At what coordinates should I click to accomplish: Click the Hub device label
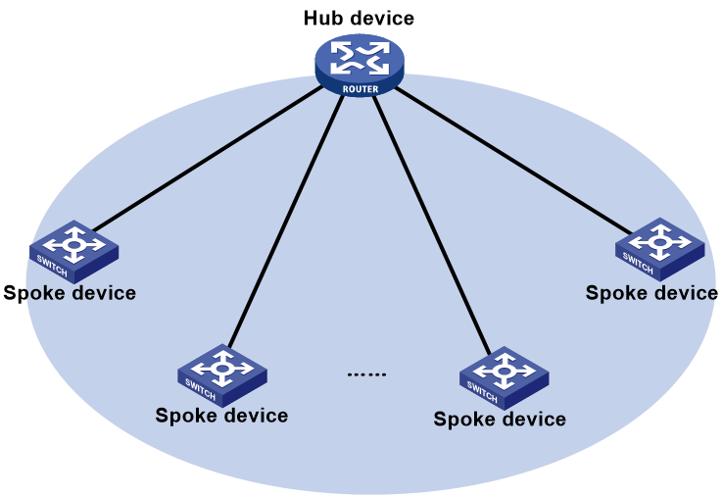tap(359, 18)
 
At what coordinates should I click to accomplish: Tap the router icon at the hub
tap(360, 65)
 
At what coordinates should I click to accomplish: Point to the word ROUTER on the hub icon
tap(361, 89)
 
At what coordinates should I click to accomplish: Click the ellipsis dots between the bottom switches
tap(366, 374)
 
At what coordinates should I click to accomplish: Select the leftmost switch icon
tap(73, 252)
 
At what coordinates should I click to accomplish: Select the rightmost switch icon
tap(660, 249)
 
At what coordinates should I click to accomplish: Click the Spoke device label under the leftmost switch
tap(70, 293)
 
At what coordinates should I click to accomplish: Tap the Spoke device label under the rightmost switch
tap(651, 293)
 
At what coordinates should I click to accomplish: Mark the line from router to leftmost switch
tap(207, 158)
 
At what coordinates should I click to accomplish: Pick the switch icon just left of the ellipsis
tap(222, 375)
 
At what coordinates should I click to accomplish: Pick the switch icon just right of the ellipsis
tap(504, 378)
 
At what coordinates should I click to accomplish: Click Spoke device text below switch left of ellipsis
tap(221, 416)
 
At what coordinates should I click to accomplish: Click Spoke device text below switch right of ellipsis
tap(500, 419)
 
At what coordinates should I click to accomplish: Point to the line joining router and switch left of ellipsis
tap(286, 222)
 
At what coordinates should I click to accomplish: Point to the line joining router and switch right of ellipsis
tap(432, 224)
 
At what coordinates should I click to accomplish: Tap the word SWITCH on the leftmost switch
tap(52, 267)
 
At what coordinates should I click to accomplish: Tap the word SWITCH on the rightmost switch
tap(638, 264)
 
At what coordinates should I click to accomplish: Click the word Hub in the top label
tap(320, 18)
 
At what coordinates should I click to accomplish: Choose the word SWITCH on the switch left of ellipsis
tap(201, 389)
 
